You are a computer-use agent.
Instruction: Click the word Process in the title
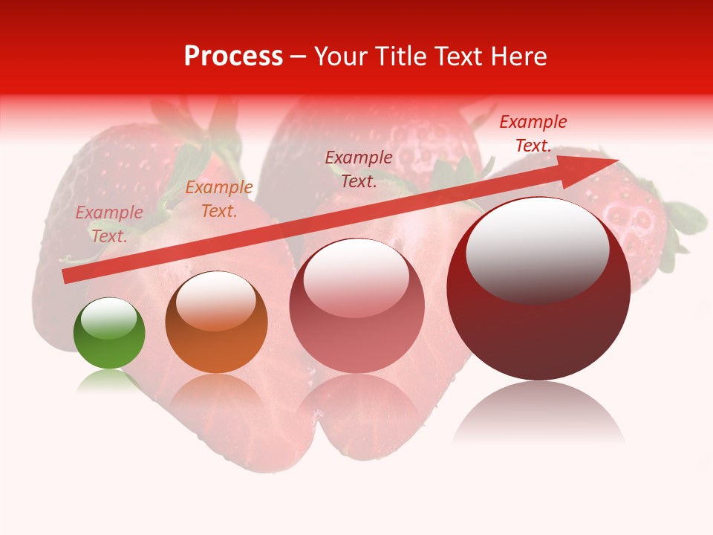pyautogui.click(x=233, y=56)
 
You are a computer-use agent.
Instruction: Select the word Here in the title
pyautogui.click(x=518, y=56)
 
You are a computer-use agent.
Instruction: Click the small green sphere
pyautogui.click(x=109, y=333)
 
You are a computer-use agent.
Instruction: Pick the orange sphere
pyautogui.click(x=216, y=322)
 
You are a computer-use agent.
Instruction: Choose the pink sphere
pyautogui.click(x=356, y=305)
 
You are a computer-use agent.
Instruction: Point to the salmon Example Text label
pyautogui.click(x=109, y=224)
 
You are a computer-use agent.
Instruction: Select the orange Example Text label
pyautogui.click(x=218, y=199)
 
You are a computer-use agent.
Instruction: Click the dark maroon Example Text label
pyautogui.click(x=359, y=169)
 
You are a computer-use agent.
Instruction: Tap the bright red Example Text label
pyautogui.click(x=533, y=133)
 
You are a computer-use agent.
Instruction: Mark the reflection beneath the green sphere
pyautogui.click(x=109, y=382)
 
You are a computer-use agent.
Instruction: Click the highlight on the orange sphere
pyautogui.click(x=215, y=300)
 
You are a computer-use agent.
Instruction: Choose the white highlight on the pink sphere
pyautogui.click(x=356, y=277)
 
